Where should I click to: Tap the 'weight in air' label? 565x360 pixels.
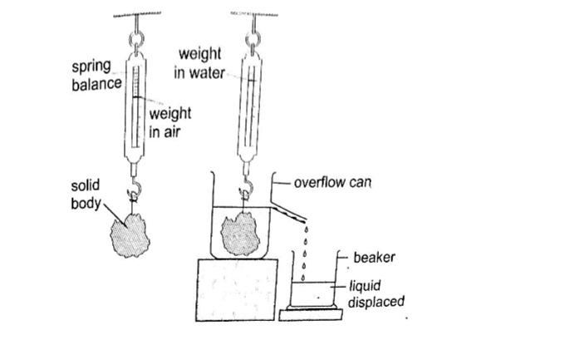tap(170, 122)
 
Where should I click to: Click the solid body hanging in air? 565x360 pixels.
tap(130, 233)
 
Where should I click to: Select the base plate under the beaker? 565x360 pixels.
tap(312, 315)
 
